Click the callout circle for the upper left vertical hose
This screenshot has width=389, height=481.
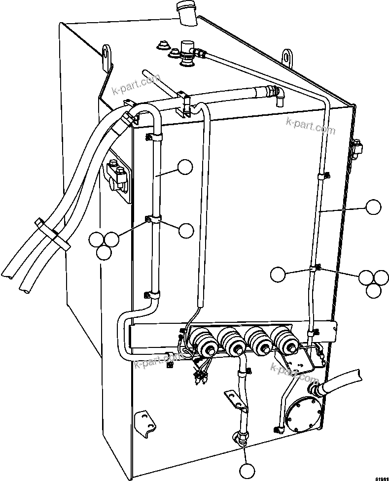(185, 168)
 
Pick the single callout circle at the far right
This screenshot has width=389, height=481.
(373, 206)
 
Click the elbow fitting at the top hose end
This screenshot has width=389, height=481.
(277, 94)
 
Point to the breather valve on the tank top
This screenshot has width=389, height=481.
(187, 50)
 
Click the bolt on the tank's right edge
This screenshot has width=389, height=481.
(356, 146)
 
